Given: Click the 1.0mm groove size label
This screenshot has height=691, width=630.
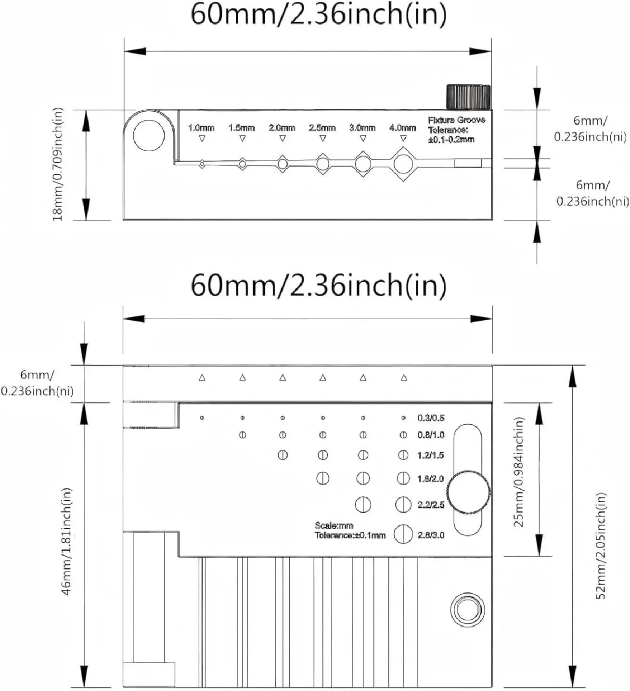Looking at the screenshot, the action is coord(201,128).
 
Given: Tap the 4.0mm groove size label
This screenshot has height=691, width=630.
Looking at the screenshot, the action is coord(403,128).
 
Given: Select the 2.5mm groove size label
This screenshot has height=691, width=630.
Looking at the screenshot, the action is coord(322,128).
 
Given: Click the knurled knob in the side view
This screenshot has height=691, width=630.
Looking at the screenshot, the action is coord(468,96).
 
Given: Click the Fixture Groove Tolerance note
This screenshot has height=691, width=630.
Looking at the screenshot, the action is coord(457,130).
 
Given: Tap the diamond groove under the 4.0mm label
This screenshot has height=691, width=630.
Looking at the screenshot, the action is coord(403,164).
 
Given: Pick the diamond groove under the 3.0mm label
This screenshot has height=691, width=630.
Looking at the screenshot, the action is coord(363,164).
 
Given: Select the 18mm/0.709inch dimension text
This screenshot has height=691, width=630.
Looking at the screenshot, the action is coord(58,164).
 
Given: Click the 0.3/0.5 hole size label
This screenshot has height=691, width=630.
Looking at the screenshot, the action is coord(431,418).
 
